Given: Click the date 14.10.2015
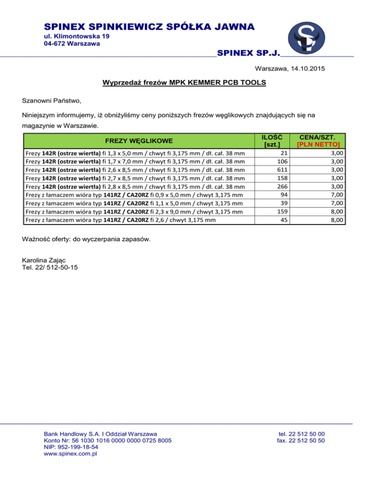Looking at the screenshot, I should [307, 69].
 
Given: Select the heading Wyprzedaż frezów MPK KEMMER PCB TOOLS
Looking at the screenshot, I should [184, 83].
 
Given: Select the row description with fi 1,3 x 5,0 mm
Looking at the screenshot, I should [135, 153].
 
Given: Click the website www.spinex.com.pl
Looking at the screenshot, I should [71, 453].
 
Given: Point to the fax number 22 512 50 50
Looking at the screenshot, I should [301, 440].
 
